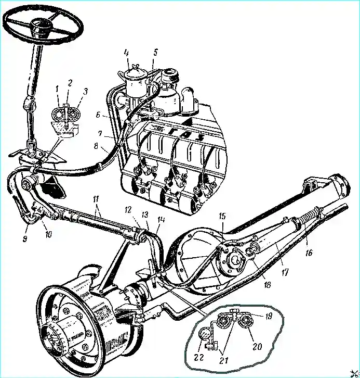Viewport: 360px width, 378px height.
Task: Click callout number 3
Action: point(85,92)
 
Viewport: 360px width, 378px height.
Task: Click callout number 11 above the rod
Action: point(97,200)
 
